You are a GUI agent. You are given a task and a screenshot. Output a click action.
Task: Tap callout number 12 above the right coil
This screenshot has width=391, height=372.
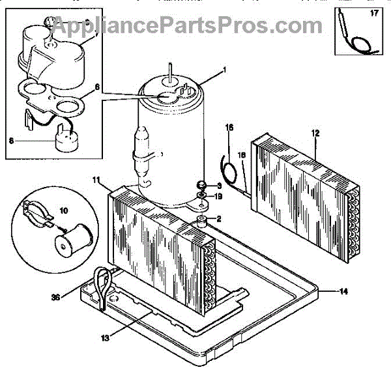pyautogui.click(x=315, y=133)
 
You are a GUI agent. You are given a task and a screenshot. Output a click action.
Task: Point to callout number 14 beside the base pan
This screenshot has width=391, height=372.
pyautogui.click(x=342, y=291)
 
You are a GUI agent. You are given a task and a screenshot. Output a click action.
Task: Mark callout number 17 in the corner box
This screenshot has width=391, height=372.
pyautogui.click(x=374, y=12)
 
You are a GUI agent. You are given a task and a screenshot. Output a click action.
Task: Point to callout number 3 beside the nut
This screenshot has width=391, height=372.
pyautogui.click(x=219, y=186)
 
